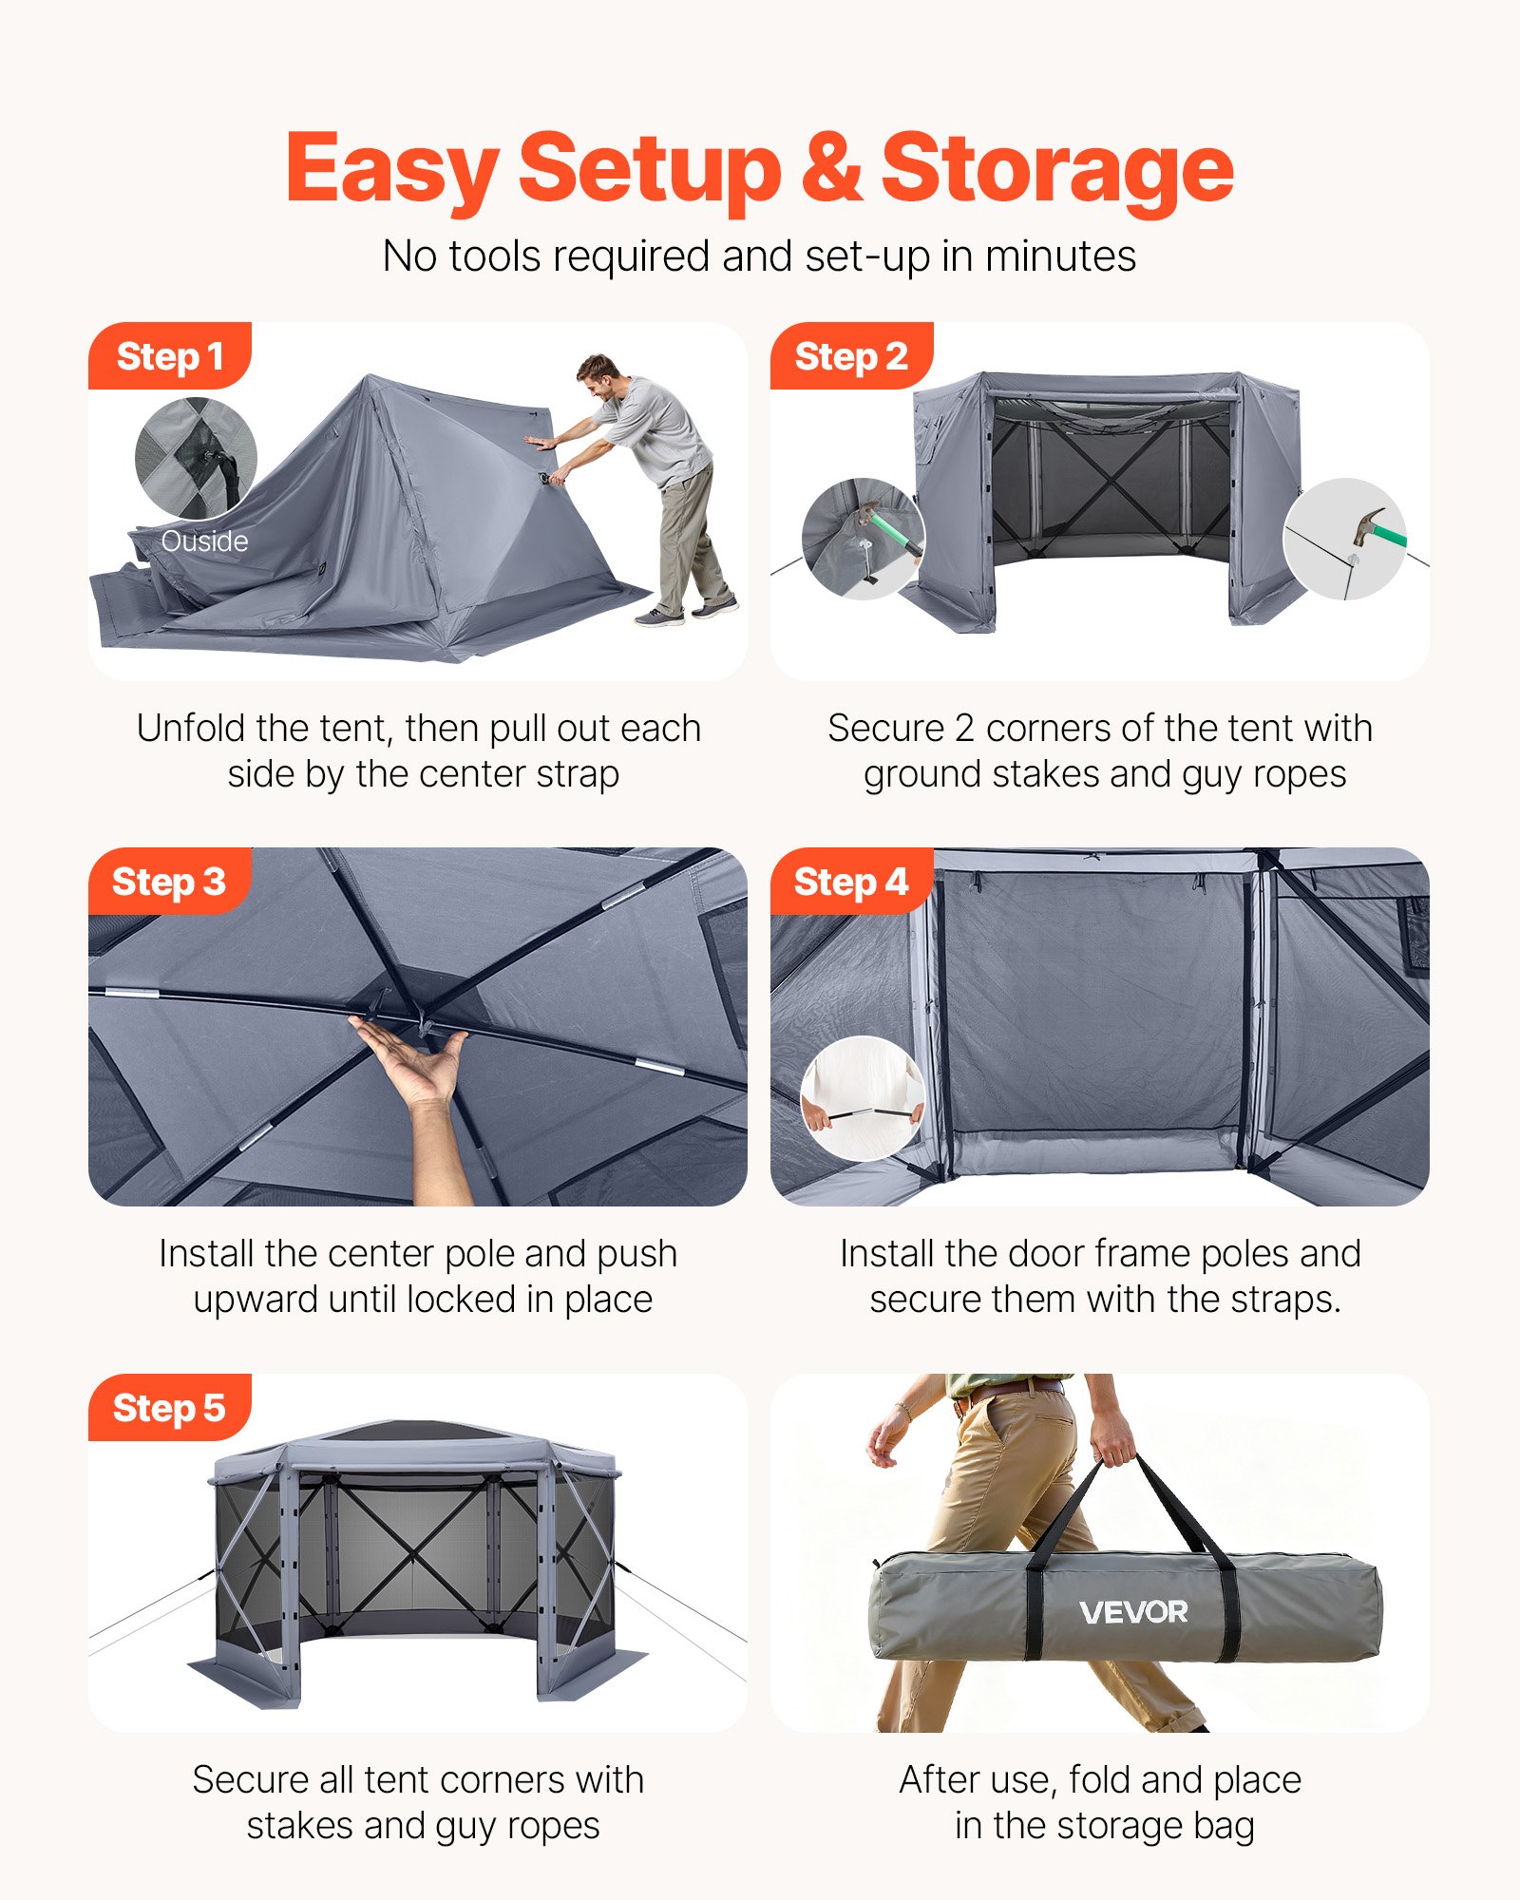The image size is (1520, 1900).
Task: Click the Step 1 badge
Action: tap(169, 356)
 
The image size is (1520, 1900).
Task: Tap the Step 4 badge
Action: tap(851, 882)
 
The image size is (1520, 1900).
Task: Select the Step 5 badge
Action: tap(169, 1408)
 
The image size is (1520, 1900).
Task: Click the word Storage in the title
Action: tap(1056, 169)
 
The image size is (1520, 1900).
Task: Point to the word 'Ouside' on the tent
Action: tap(204, 541)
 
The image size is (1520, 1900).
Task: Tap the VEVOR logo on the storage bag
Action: tap(1133, 1612)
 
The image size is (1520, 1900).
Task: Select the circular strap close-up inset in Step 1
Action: tap(196, 458)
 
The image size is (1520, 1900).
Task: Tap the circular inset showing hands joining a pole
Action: tap(863, 1098)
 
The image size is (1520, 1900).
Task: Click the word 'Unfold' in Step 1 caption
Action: tap(191, 729)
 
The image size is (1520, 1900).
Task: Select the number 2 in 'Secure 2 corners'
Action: tap(964, 729)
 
